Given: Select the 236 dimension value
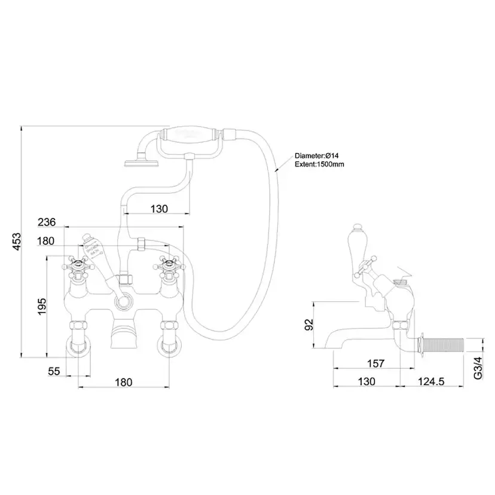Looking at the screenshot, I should click(x=47, y=222).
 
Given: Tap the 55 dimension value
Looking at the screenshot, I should click(x=54, y=371).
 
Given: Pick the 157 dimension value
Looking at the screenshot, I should click(x=375, y=363).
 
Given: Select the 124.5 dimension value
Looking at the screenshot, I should click(x=432, y=381).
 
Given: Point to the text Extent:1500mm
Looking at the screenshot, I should click(x=320, y=164).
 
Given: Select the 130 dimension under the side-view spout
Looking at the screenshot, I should click(x=366, y=381).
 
